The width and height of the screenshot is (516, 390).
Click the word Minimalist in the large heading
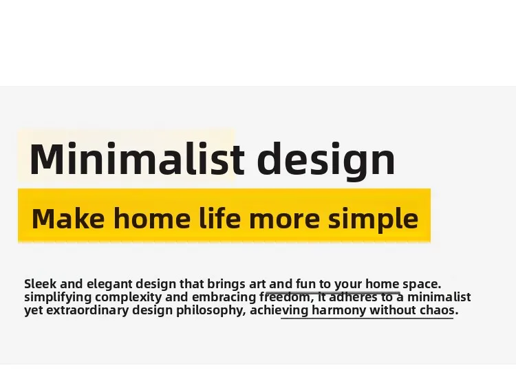pyautogui.click(x=137, y=158)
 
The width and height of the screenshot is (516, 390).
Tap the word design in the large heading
pyautogui.click(x=326, y=161)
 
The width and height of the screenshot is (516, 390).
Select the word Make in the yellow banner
pyautogui.click(x=68, y=218)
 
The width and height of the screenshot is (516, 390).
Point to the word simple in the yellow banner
pyautogui.click(x=373, y=219)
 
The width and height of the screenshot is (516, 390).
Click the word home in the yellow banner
pyautogui.click(x=152, y=218)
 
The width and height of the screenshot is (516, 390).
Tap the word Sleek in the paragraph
pyautogui.click(x=41, y=283)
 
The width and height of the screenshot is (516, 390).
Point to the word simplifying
pyautogui.click(x=58, y=298)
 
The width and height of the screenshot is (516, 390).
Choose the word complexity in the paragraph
pyautogui.click(x=129, y=298)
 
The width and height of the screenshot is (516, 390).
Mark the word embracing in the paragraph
pyautogui.click(x=224, y=298)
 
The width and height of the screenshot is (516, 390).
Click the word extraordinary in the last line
pyautogui.click(x=87, y=310)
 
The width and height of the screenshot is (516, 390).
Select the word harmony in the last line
pyautogui.click(x=338, y=310)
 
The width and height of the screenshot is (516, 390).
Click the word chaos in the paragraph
pyautogui.click(x=437, y=310)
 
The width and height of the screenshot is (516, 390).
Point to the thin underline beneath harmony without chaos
pyautogui.click(x=367, y=318)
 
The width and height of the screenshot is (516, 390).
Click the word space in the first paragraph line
pyautogui.click(x=420, y=284)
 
